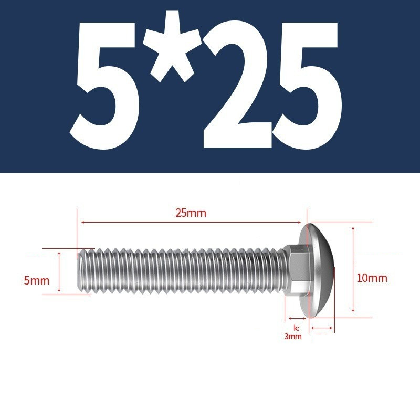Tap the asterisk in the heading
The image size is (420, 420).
click(x=172, y=46)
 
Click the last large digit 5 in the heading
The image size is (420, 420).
click(x=307, y=86)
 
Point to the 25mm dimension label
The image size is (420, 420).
click(x=191, y=213)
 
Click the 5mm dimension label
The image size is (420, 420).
click(x=37, y=280)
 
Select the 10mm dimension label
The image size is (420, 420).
click(x=372, y=278)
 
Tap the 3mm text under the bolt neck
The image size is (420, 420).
click(x=293, y=337)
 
